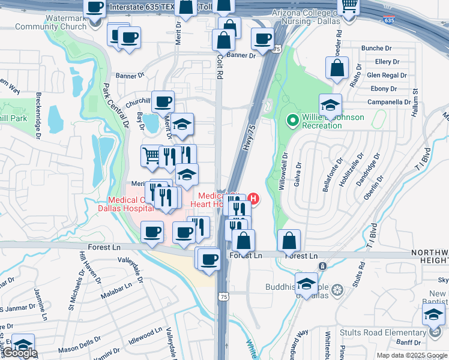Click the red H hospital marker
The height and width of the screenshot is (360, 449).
253,198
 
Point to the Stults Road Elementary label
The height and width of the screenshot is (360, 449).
383,332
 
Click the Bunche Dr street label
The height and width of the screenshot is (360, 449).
376,48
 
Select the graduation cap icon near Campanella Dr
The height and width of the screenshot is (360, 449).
330,105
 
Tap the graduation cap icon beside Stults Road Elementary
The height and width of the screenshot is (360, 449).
434,313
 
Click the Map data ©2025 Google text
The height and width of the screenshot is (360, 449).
412,355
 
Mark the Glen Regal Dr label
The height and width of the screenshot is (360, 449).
387,76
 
